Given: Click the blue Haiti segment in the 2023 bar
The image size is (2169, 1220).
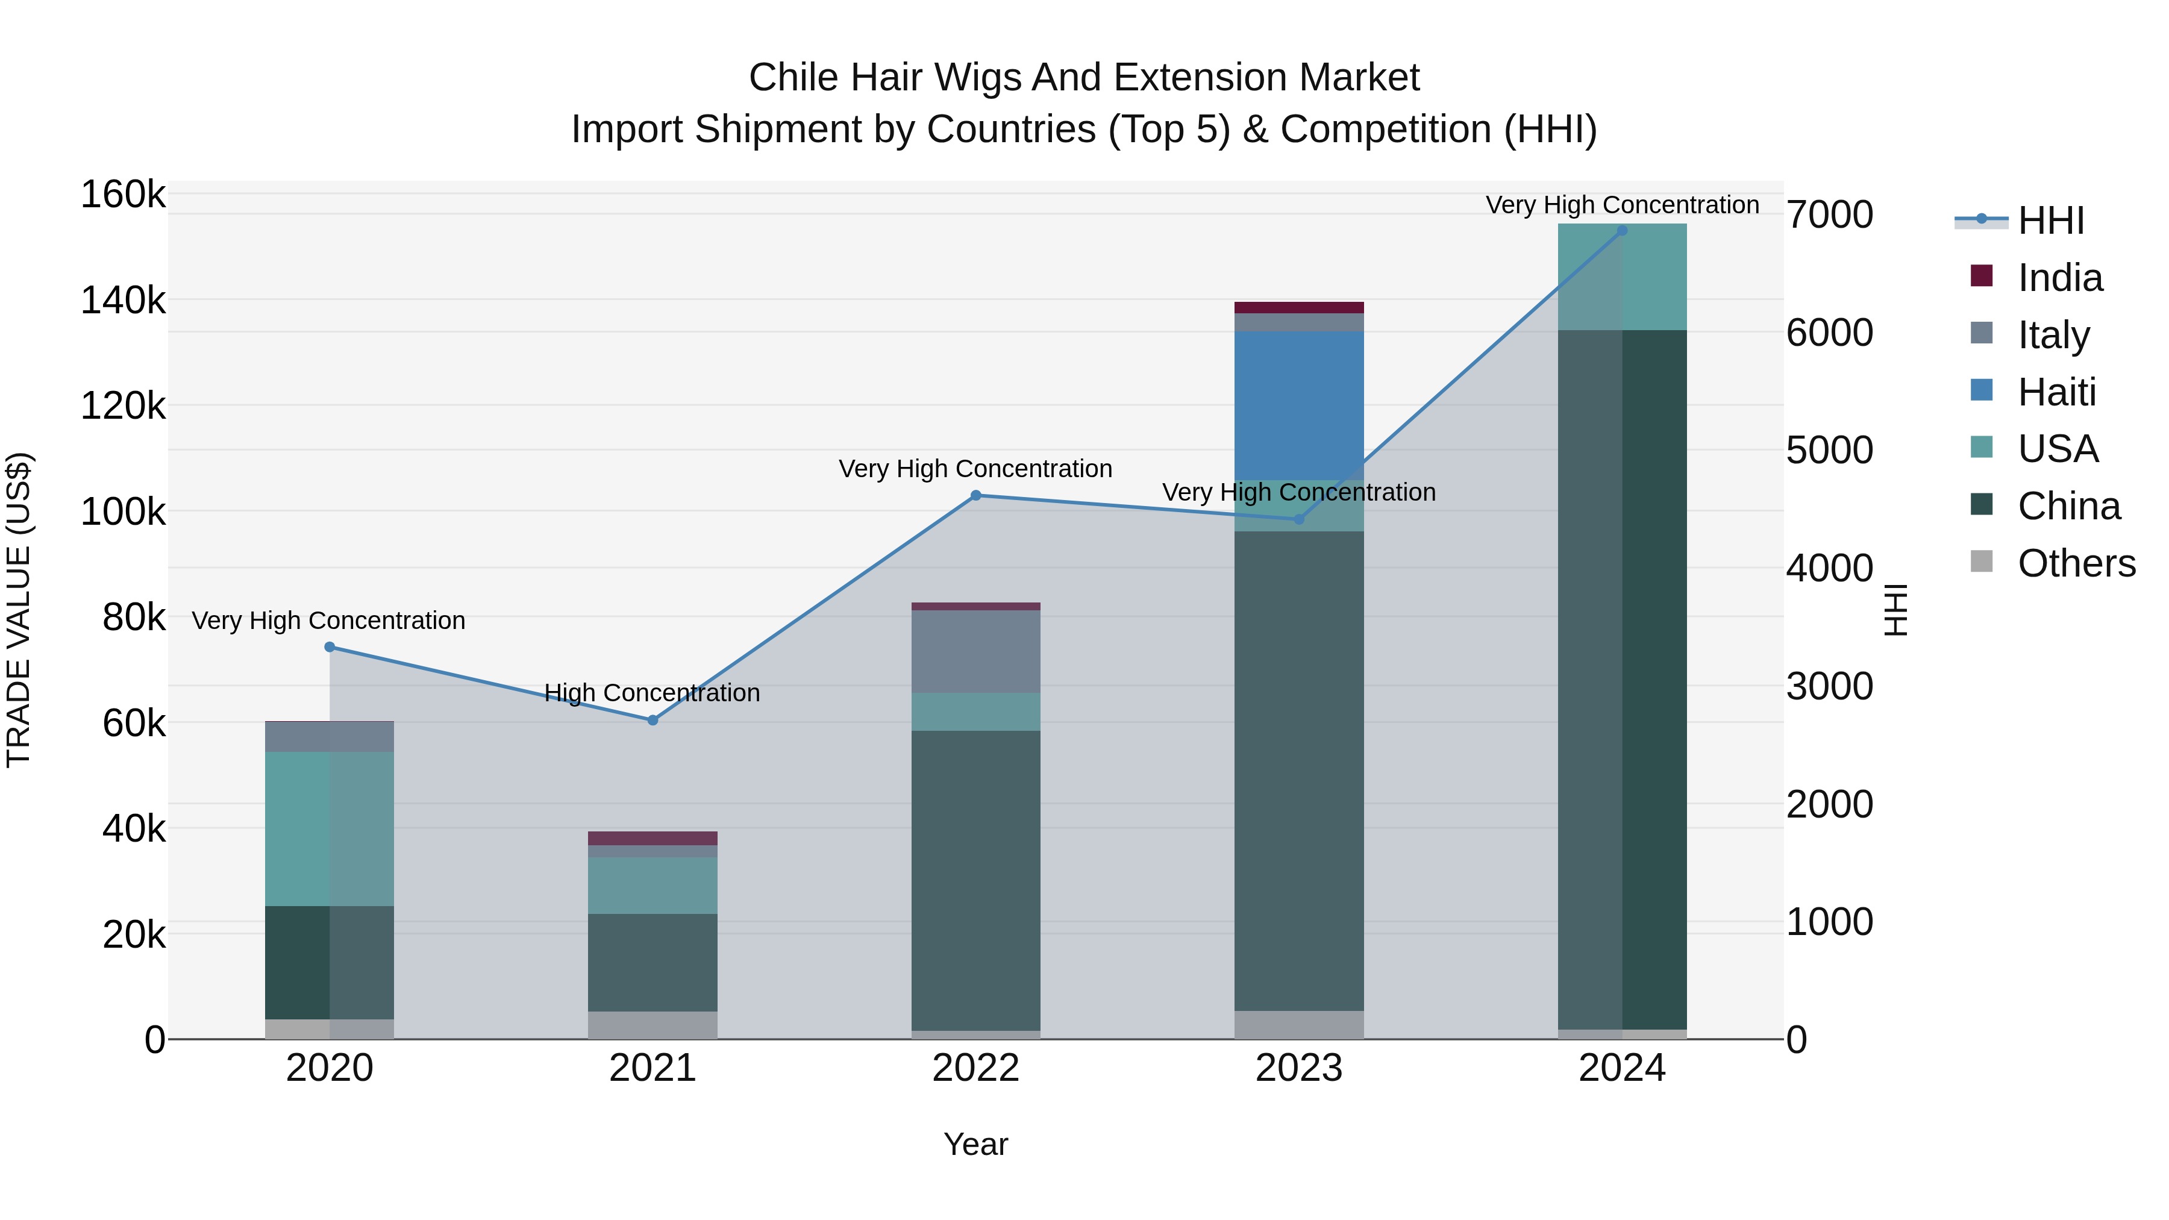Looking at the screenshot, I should pyautogui.click(x=1298, y=405).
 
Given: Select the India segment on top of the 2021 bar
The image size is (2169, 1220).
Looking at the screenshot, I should pyautogui.click(x=653, y=838).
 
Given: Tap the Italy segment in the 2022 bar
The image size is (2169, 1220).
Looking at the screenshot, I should pyautogui.click(x=976, y=651).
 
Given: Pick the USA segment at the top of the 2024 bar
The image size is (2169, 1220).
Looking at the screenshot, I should pyautogui.click(x=1622, y=276).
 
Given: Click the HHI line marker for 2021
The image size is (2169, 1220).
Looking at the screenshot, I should pyautogui.click(x=653, y=720).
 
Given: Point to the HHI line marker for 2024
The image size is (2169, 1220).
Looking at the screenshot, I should pyautogui.click(x=1622, y=231).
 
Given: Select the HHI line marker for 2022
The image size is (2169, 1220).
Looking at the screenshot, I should pyautogui.click(x=976, y=495).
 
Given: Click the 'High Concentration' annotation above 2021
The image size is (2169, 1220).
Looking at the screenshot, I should pyautogui.click(x=652, y=693).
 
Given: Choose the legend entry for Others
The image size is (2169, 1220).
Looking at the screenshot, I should pyautogui.click(x=2076, y=563).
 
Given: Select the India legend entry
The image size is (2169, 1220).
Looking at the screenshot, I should pyautogui.click(x=2059, y=278).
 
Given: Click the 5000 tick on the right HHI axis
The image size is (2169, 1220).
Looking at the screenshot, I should pyautogui.click(x=1829, y=449).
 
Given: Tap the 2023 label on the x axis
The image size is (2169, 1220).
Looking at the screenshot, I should pyautogui.click(x=1298, y=1068).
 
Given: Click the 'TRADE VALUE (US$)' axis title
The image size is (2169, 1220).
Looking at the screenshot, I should pyautogui.click(x=19, y=610).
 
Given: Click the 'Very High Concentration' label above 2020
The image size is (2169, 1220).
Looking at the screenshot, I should pyautogui.click(x=328, y=621).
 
